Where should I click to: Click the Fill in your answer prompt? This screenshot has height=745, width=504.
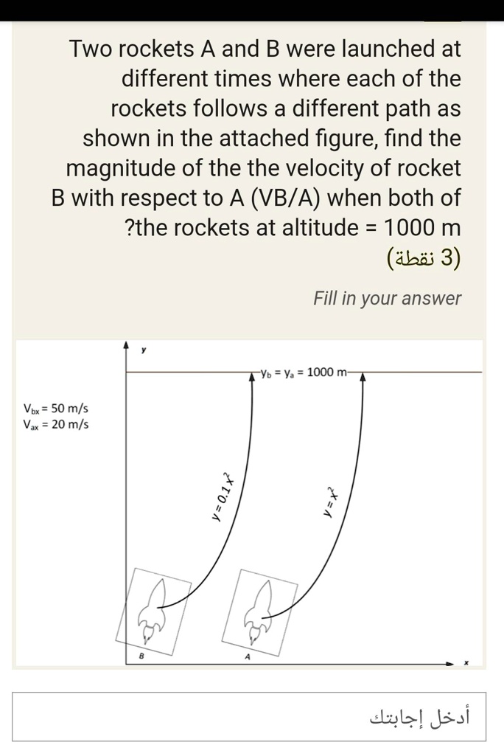tap(387, 299)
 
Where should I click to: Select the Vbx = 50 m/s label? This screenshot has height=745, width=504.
tap(56, 408)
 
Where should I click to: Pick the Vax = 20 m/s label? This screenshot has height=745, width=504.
tap(56, 424)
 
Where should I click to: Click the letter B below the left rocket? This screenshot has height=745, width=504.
tap(142, 656)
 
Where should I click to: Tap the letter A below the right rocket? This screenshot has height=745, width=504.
tap(247, 656)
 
